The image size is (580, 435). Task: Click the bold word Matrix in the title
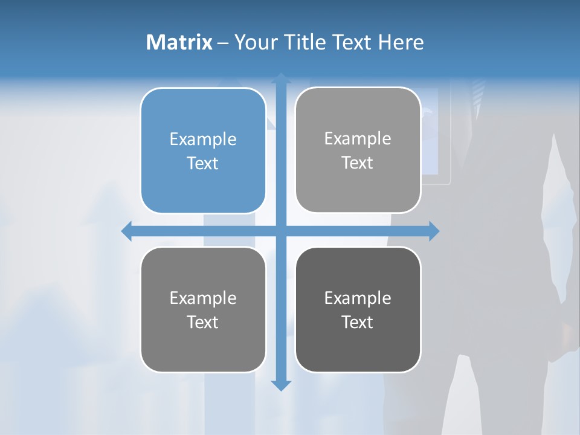point(179,42)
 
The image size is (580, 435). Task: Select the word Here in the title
point(401,42)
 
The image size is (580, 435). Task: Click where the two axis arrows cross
point(281,231)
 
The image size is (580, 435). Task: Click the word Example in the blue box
point(203,139)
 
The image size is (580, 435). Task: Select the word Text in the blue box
point(203,163)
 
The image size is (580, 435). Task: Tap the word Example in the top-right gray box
point(358,138)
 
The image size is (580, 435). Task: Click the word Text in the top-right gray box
point(358,163)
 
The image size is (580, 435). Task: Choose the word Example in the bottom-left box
point(203,298)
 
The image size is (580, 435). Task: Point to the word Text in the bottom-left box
point(203,322)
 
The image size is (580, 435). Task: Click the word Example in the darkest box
point(358,298)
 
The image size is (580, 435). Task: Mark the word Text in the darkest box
point(358,322)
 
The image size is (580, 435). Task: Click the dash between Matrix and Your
point(223,43)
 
